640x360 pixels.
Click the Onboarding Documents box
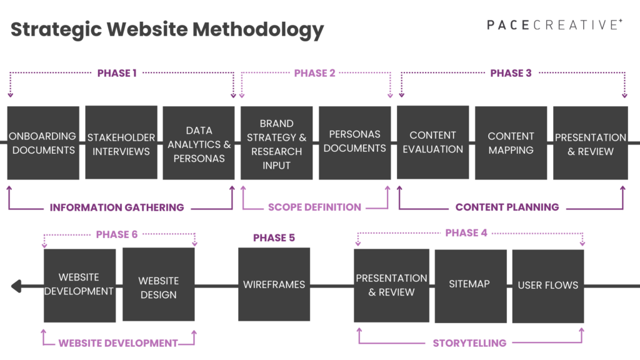[43, 143]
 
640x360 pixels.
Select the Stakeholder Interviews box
[121, 143]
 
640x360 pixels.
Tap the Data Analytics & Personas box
[199, 143]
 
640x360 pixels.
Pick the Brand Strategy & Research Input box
[277, 143]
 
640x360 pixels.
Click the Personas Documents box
[355, 142]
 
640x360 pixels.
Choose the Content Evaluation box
[432, 142]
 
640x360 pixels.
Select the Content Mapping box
[511, 143]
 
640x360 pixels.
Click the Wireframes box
[274, 284]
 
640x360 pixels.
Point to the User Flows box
[547, 286]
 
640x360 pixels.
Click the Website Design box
[158, 286]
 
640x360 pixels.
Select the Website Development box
[79, 286]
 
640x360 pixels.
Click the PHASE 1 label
[117, 74]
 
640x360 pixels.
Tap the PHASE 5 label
[274, 238]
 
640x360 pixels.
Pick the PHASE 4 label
[466, 233]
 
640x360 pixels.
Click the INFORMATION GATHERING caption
[117, 207]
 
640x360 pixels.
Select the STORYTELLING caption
[469, 343]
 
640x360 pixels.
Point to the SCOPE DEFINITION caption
[314, 207]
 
